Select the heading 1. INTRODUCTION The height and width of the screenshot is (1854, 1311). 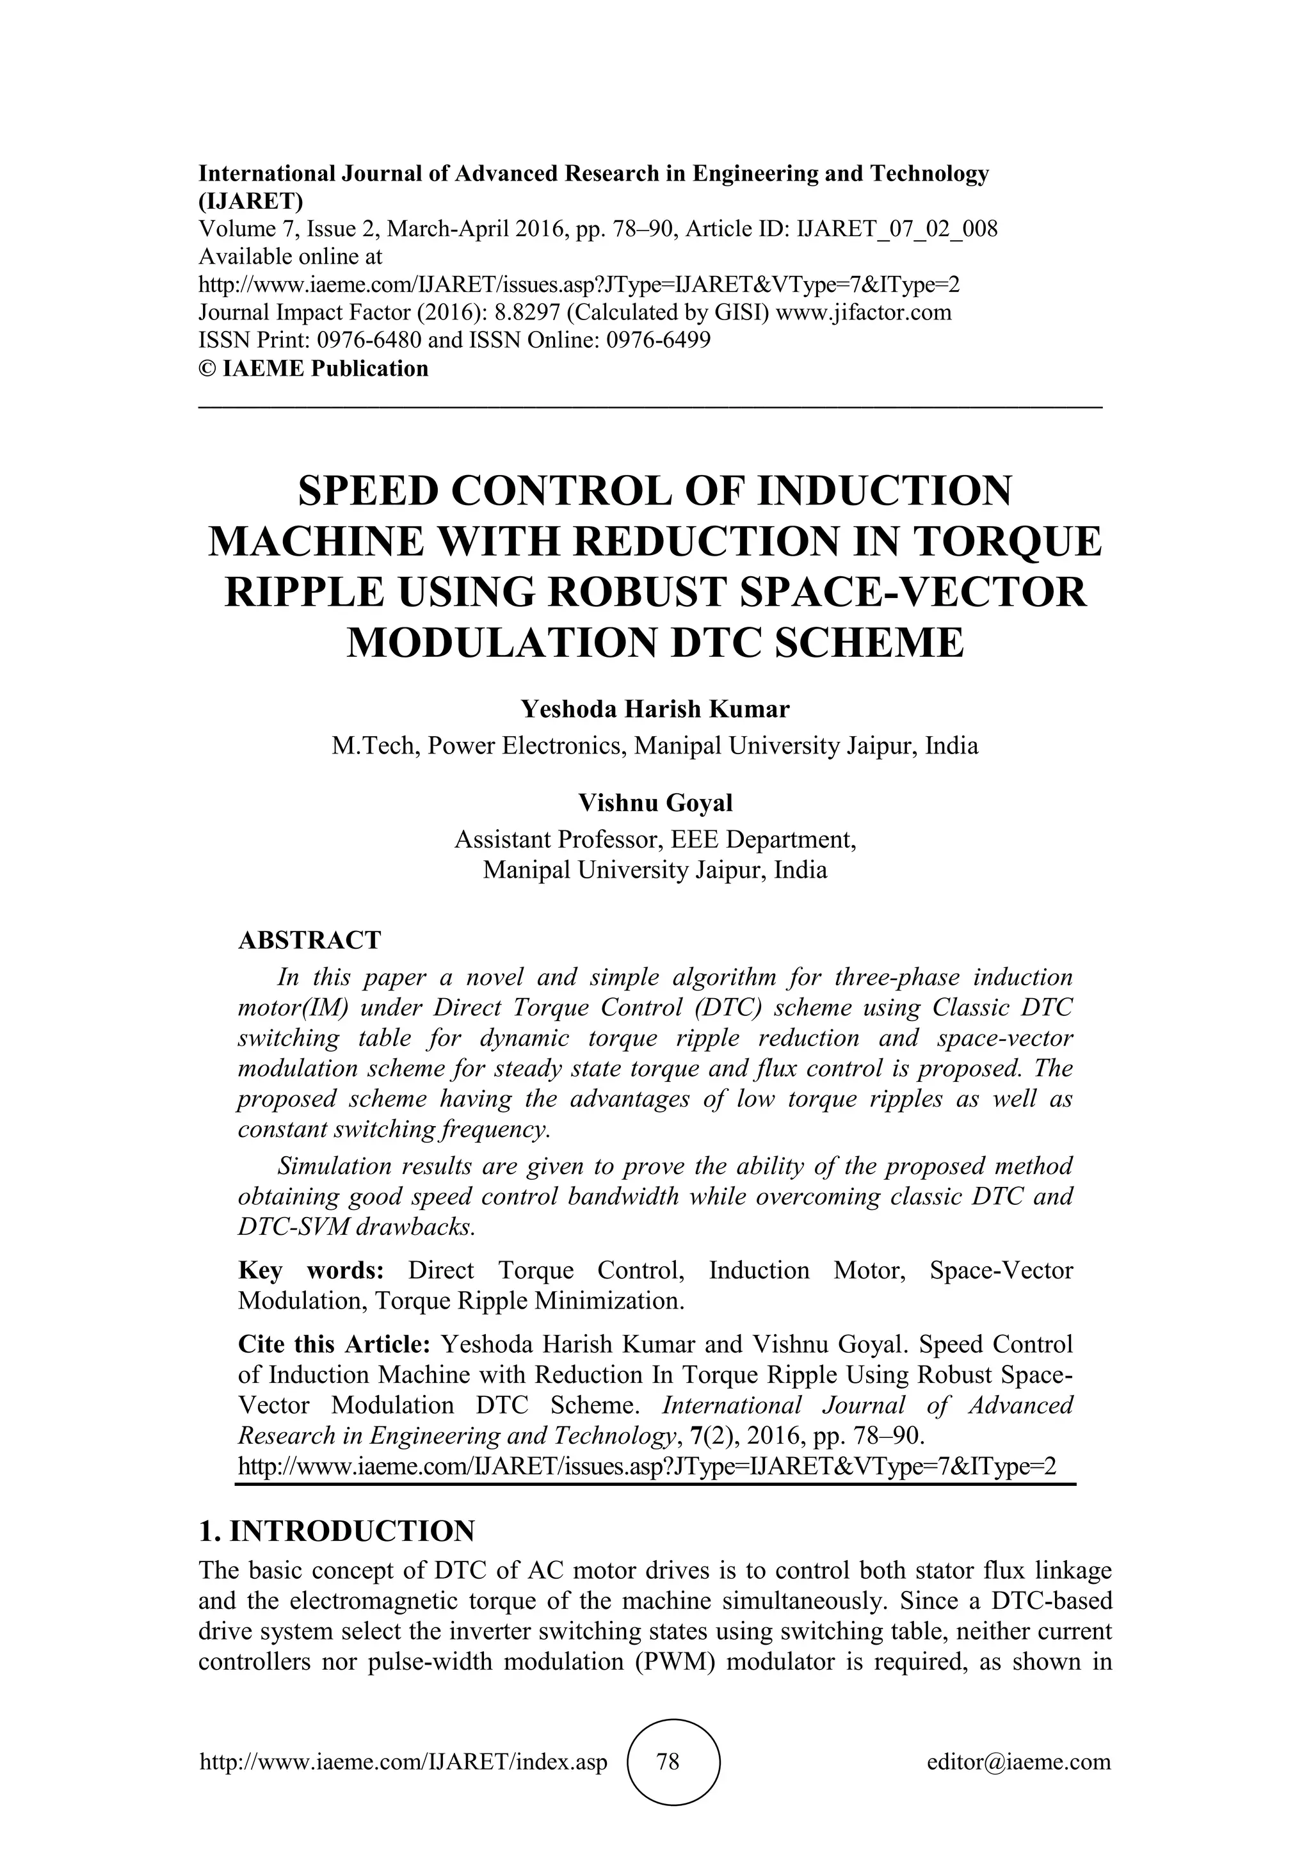point(337,1530)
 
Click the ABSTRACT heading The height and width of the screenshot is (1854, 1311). point(309,940)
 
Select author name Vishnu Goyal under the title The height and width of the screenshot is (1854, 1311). point(655,803)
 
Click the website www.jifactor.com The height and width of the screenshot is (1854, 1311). point(863,312)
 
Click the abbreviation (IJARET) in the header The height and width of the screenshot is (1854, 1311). point(250,201)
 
